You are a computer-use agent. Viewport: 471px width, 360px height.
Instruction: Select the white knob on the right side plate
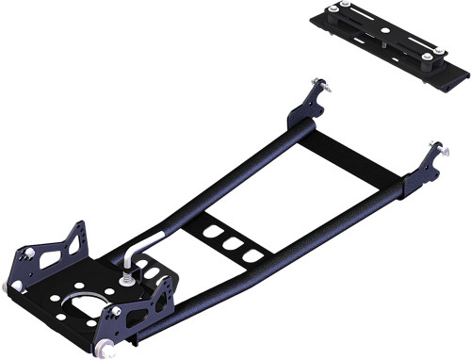(x=116, y=311)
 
